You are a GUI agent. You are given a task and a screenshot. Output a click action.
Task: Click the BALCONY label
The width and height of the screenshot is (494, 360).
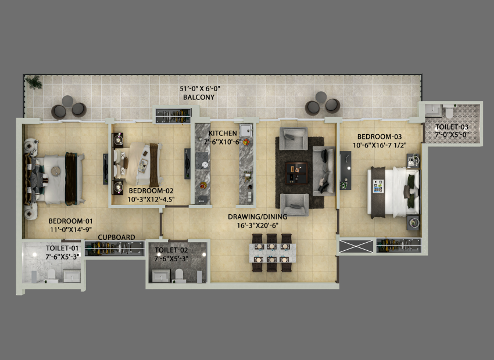(199, 97)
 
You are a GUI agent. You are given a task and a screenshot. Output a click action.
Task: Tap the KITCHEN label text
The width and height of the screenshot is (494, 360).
(223, 133)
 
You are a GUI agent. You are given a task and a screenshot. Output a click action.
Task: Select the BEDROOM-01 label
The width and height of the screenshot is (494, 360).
(70, 221)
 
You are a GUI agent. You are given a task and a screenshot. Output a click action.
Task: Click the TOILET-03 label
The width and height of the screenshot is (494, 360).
(452, 127)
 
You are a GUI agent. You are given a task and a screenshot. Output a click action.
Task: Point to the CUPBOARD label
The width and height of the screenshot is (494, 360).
(117, 237)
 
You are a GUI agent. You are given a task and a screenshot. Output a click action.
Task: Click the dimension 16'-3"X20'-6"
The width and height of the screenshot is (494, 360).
(257, 225)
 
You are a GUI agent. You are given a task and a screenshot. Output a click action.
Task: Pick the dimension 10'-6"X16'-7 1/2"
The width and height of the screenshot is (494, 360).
(380, 145)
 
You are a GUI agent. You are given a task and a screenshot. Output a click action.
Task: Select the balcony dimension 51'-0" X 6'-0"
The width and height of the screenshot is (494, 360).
(200, 89)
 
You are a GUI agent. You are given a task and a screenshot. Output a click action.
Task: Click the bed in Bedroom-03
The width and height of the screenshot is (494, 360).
(394, 192)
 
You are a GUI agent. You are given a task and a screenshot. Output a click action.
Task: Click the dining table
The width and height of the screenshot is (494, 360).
(273, 253)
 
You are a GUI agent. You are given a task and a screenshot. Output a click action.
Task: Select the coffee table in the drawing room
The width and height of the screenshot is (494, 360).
(296, 173)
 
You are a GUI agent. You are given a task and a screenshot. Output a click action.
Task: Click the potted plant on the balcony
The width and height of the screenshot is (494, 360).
(34, 82)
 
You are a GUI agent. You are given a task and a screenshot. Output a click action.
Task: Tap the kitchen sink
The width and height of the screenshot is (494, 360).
(246, 129)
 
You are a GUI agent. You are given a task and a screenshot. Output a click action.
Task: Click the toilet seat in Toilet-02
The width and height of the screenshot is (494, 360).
(179, 275)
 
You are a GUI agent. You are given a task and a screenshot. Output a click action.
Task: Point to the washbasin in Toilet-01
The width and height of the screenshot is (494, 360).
(72, 276)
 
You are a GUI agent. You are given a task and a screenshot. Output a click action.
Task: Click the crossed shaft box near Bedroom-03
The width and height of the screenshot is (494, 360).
(356, 246)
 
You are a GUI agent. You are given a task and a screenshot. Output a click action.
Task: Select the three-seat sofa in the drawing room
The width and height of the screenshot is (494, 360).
(324, 171)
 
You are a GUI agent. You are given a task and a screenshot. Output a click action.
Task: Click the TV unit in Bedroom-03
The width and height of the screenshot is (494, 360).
(345, 170)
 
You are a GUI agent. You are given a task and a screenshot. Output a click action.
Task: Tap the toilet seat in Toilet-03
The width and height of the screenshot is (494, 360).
(448, 111)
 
